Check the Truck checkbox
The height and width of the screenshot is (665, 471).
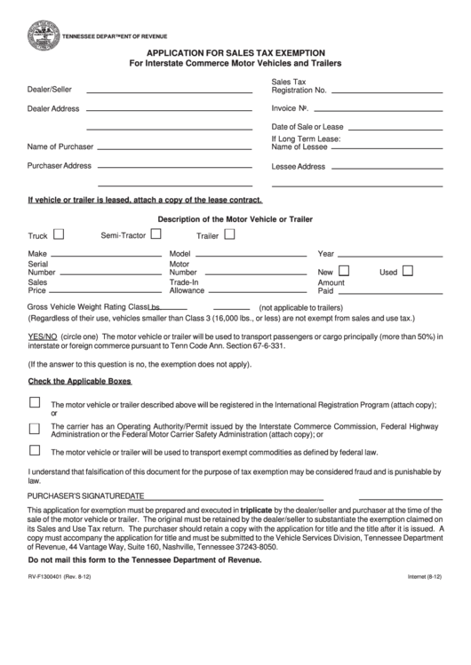coord(60,236)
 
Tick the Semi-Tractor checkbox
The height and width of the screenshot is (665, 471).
coord(156,235)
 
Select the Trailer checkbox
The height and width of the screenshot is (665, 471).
coord(229,235)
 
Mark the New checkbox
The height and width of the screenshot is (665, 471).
coord(345,272)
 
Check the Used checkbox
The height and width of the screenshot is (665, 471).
coord(408,272)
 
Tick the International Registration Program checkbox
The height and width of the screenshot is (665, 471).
coord(35,402)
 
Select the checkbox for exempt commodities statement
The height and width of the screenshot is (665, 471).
coord(35,450)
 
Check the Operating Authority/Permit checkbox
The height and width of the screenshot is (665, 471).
coord(35,426)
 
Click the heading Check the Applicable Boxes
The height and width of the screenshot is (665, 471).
coord(80,381)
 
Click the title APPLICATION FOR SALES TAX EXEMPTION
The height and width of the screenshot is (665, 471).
coord(235,53)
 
